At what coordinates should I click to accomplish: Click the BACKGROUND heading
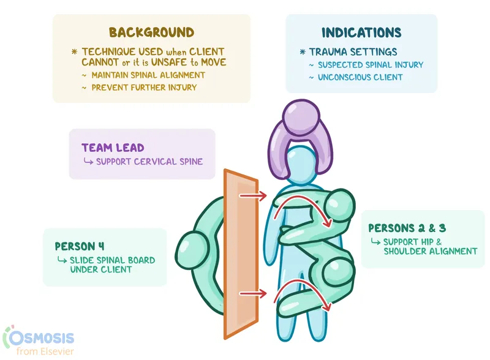coord(151,32)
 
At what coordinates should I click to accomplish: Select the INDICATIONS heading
coord(361,32)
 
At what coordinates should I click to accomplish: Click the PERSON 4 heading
coord(79,247)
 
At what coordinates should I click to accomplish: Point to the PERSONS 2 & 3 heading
coord(407,228)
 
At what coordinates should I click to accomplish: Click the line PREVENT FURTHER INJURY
coord(144,87)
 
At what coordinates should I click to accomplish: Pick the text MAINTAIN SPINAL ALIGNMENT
coord(148,75)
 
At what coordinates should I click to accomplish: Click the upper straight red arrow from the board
coord(252,196)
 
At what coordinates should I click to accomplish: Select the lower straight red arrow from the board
coord(252,294)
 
